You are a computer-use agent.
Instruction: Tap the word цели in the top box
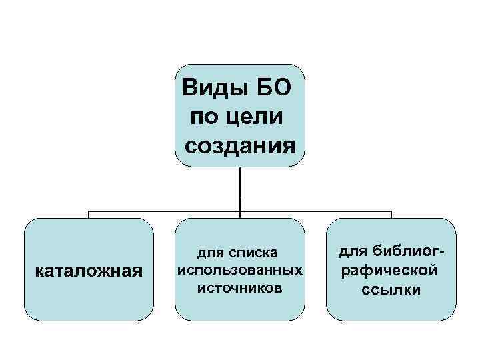tap(255, 117)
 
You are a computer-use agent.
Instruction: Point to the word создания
tap(239, 145)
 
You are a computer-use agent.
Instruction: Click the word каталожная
tap(89, 271)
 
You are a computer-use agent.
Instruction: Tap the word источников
tap(240, 288)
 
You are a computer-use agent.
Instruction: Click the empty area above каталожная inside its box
tap(89, 240)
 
